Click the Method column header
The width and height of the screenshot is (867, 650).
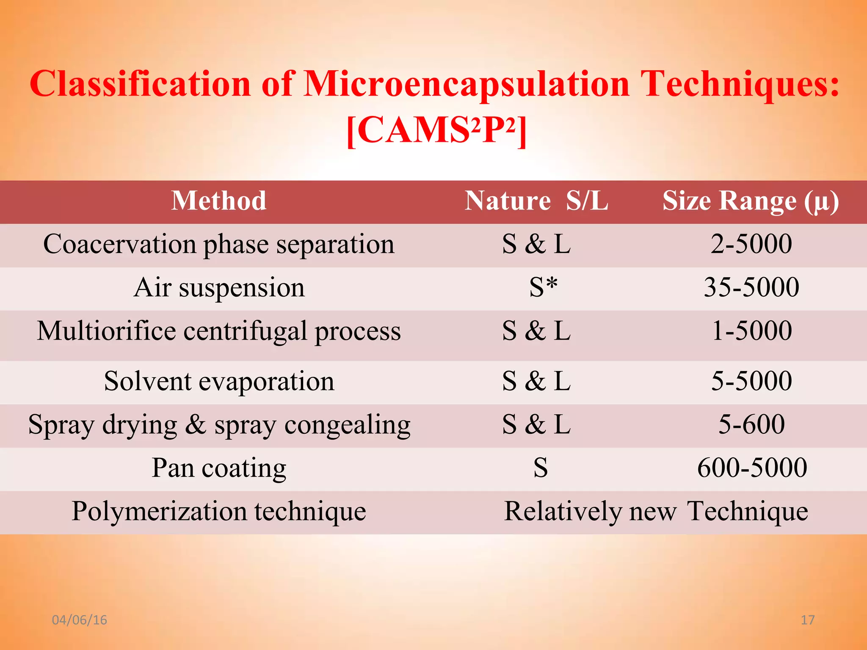(x=218, y=201)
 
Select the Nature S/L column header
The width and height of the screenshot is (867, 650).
(x=536, y=201)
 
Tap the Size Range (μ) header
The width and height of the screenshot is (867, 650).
(x=751, y=201)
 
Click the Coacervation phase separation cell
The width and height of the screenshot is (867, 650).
(x=218, y=245)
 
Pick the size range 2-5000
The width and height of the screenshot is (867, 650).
(x=751, y=244)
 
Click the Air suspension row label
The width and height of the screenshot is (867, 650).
(x=219, y=288)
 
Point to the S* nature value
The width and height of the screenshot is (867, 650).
(x=543, y=288)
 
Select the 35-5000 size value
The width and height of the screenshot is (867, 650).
(x=751, y=288)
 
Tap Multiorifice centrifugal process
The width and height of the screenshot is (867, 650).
(x=218, y=331)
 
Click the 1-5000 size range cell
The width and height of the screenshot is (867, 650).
(x=751, y=331)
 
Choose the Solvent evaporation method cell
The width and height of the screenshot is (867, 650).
(x=219, y=381)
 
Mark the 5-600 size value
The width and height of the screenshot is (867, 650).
(x=751, y=424)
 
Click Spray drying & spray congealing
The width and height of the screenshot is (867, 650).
(x=219, y=425)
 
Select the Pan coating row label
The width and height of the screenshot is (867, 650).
(x=219, y=468)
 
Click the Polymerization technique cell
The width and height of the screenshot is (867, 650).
(x=218, y=511)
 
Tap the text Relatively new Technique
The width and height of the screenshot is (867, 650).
(x=656, y=511)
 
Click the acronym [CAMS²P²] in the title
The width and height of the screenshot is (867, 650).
(x=436, y=130)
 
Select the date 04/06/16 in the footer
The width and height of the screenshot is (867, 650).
(x=79, y=620)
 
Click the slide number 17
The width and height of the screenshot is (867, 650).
(x=808, y=620)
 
